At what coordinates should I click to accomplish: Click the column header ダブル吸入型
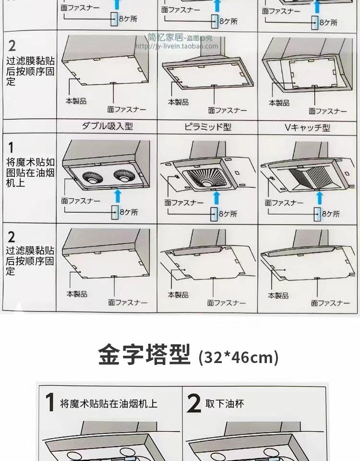point(107,126)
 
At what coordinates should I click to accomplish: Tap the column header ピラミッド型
point(208,127)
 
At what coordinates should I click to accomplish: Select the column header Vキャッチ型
point(307,127)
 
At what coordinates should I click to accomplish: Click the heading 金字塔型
point(144,356)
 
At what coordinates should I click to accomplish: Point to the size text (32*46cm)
point(239,358)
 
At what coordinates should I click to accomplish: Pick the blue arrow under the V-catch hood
point(318,198)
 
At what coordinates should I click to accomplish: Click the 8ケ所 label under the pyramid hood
point(228,214)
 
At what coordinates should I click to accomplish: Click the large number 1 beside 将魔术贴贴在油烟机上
point(49,402)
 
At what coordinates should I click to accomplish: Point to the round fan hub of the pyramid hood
point(207,183)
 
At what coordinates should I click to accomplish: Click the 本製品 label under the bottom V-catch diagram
point(278,295)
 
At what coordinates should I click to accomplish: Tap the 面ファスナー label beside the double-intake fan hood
point(81,201)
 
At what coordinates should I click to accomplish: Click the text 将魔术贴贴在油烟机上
point(108,404)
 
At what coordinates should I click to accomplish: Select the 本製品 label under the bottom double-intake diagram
point(77,294)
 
